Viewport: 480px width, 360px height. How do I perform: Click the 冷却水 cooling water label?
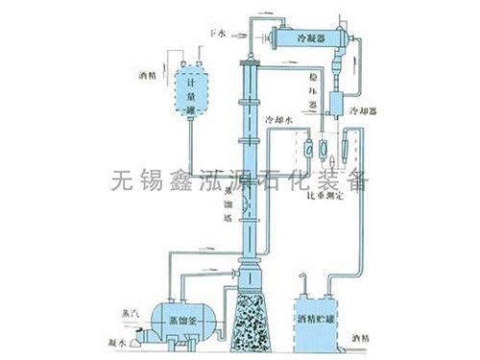[x=278, y=120]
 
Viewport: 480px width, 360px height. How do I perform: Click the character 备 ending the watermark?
[x=357, y=180]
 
